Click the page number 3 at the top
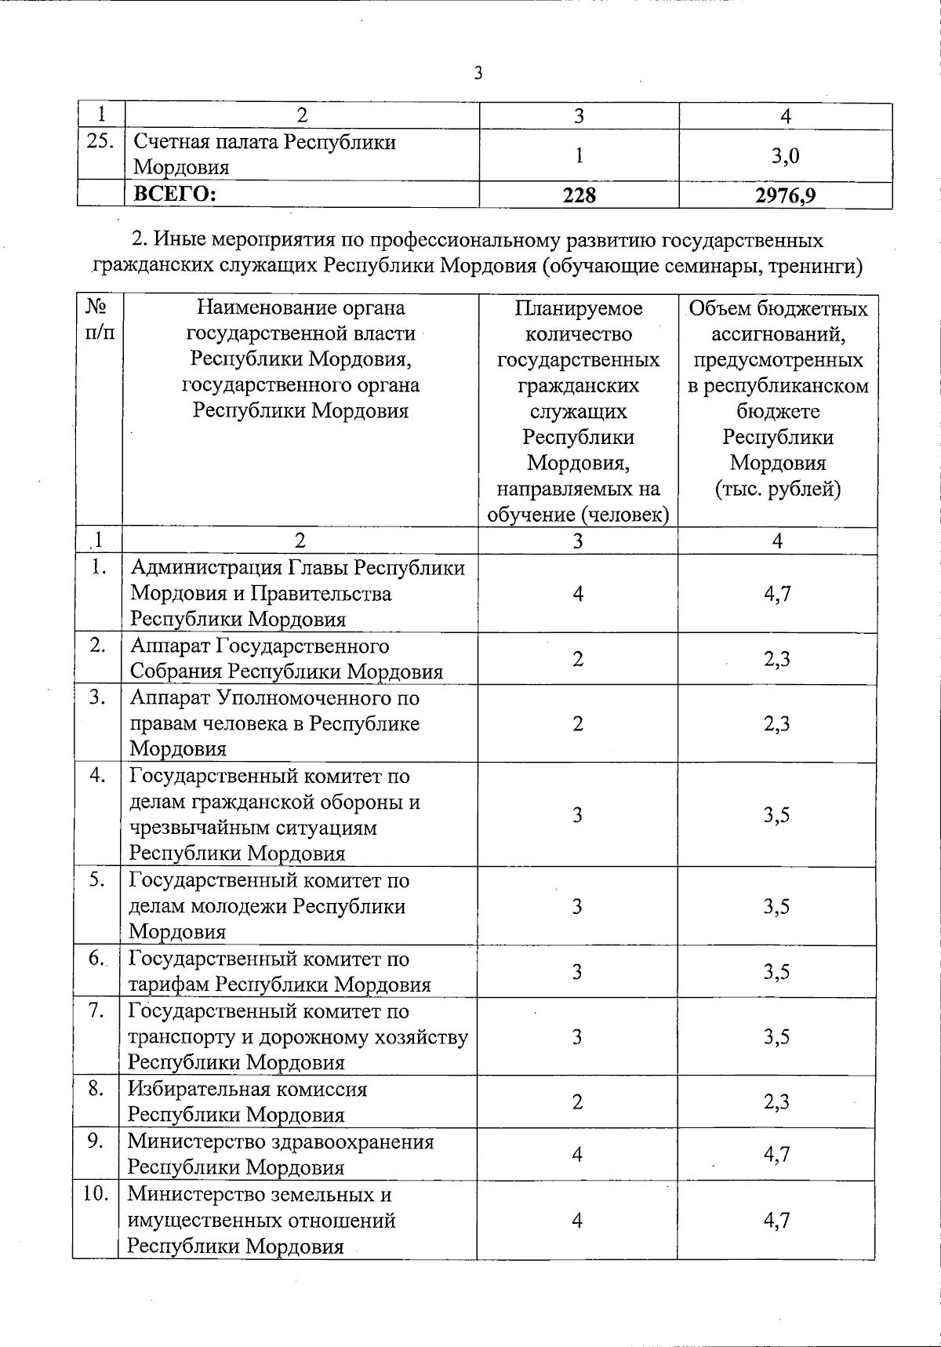[x=478, y=74]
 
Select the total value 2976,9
[x=785, y=195]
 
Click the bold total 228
[x=579, y=195]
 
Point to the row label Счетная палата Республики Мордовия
[x=265, y=155]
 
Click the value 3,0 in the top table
[x=785, y=155]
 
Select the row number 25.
[x=100, y=143]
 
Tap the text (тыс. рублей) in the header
[x=777, y=489]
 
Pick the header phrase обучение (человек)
[x=578, y=515]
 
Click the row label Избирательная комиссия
[x=247, y=1089]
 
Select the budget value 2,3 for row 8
[x=776, y=1102]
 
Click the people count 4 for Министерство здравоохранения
[x=577, y=1154]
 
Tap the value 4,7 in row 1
[x=777, y=593]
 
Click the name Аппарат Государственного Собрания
[x=259, y=646]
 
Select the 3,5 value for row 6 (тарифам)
[x=776, y=972]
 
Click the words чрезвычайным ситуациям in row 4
[x=253, y=828]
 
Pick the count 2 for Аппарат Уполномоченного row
[x=577, y=723]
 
